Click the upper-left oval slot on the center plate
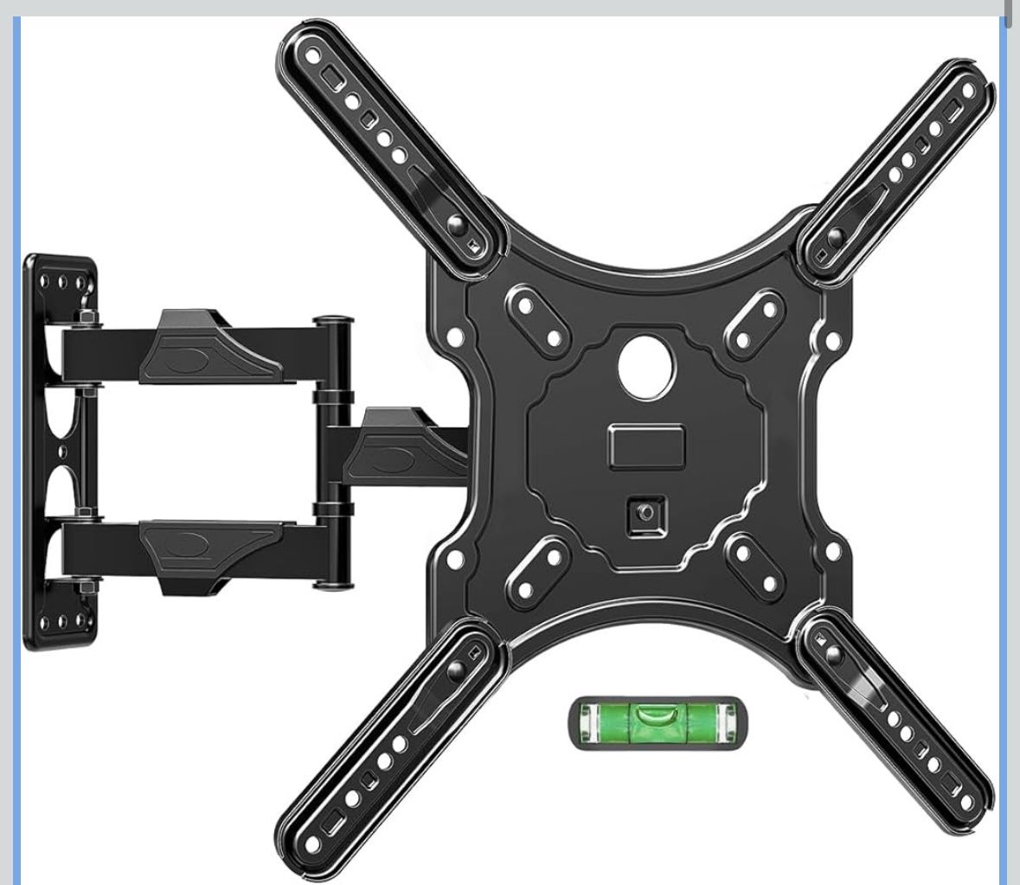[539, 320]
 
